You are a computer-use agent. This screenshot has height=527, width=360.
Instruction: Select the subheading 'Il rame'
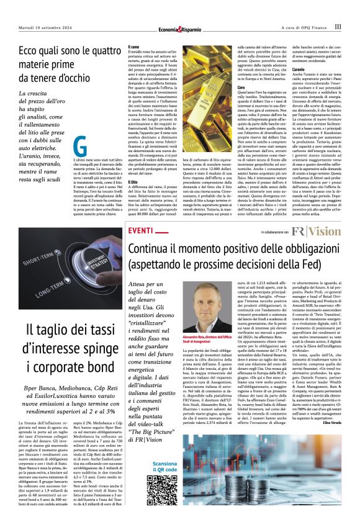pyautogui.click(x=132, y=47)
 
